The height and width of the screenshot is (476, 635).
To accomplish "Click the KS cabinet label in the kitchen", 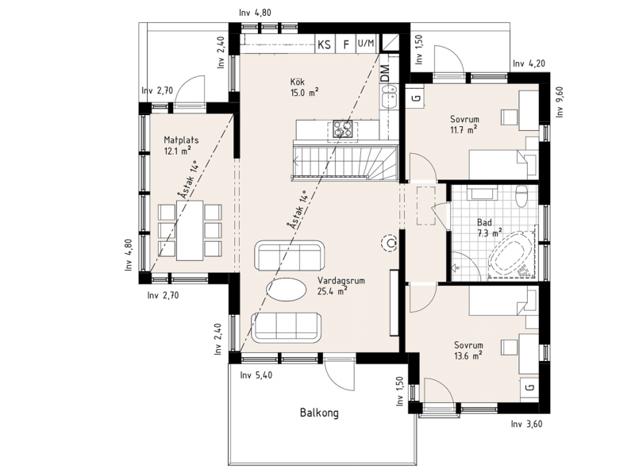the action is pyautogui.click(x=324, y=44).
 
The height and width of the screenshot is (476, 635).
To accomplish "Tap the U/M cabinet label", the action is pyautogui.click(x=366, y=43).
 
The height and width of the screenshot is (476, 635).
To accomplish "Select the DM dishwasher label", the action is pyautogui.click(x=385, y=73).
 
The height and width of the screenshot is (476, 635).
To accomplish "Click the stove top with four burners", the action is pyautogui.click(x=343, y=129).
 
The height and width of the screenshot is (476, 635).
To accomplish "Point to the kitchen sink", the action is pyautogui.click(x=389, y=96).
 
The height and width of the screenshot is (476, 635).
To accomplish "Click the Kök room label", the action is pyautogui.click(x=297, y=82).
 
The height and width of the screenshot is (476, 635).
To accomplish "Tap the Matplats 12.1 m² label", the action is pyautogui.click(x=181, y=145).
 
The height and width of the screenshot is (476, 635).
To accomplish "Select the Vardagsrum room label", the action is pyautogui.click(x=341, y=281).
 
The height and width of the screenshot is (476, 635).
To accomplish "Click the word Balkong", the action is pyautogui.click(x=319, y=413).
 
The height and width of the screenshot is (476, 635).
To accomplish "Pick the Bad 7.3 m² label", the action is pyautogui.click(x=490, y=228).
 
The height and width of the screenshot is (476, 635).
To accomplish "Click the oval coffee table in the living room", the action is pyautogui.click(x=287, y=290).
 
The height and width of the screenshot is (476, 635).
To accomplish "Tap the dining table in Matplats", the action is pyautogui.click(x=190, y=230).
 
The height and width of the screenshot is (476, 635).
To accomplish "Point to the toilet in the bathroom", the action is pyautogui.click(x=521, y=195).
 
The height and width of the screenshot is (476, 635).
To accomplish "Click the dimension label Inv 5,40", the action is pyautogui.click(x=256, y=375).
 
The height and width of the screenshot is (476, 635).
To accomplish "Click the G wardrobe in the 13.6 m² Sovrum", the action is pyautogui.click(x=529, y=387).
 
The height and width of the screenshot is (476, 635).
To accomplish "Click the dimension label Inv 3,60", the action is pyautogui.click(x=526, y=424).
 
